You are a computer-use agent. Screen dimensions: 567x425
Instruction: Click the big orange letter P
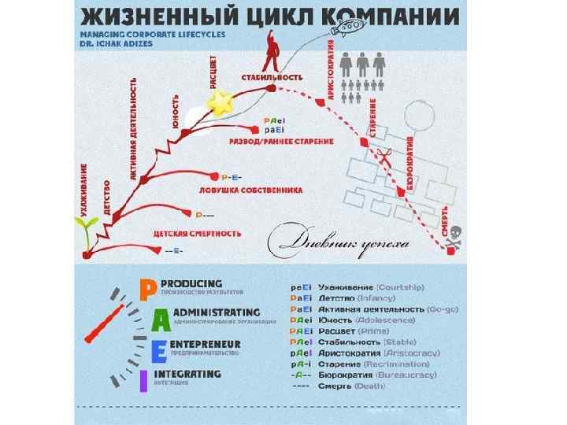(146, 290)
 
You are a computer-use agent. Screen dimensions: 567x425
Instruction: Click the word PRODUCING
(191, 283)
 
